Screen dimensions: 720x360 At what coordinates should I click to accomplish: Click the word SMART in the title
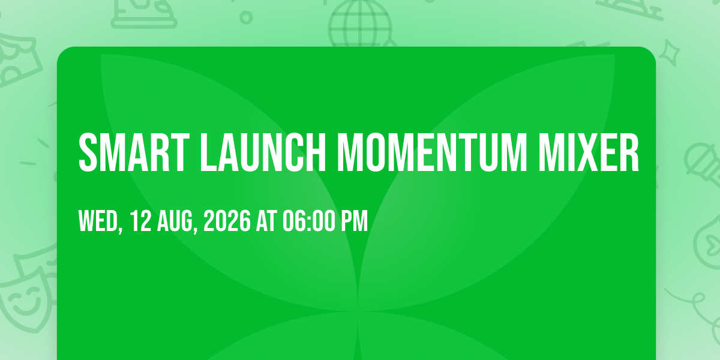(x=134, y=152)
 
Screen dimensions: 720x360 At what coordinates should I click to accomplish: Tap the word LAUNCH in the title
(x=263, y=152)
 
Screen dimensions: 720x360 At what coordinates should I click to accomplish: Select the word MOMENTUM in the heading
(x=432, y=152)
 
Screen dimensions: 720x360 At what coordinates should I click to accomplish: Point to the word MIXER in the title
(x=589, y=152)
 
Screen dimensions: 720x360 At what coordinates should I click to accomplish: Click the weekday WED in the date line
(x=98, y=221)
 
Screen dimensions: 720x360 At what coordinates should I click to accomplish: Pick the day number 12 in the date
(x=141, y=221)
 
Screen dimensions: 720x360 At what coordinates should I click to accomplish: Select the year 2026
(x=227, y=221)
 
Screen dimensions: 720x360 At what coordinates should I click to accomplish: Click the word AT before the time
(x=266, y=221)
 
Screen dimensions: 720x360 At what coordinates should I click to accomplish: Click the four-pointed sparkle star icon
(x=670, y=53)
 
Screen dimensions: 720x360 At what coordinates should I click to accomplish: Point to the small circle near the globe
(x=246, y=17)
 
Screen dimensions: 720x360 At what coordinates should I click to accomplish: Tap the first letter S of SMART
(x=88, y=152)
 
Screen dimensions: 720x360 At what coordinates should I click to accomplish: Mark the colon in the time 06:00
(x=309, y=223)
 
